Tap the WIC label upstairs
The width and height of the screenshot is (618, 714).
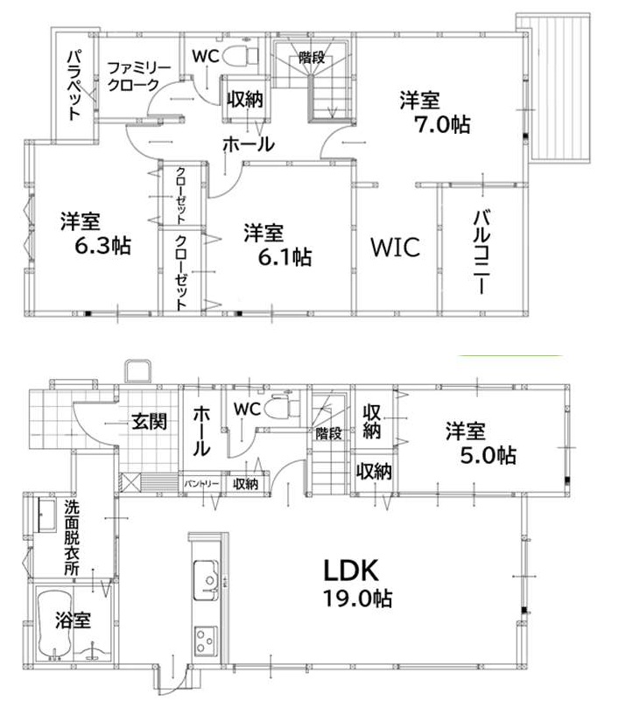pyautogui.click(x=396, y=248)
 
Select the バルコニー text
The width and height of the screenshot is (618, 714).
pyautogui.click(x=481, y=252)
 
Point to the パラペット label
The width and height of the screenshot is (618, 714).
pyautogui.click(x=74, y=85)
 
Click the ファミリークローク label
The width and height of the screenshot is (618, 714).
pyautogui.click(x=138, y=76)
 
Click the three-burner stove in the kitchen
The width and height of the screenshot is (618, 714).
pyautogui.click(x=206, y=640)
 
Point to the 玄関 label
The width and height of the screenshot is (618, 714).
pyautogui.click(x=150, y=422)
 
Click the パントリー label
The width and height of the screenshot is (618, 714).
pyautogui.click(x=201, y=484)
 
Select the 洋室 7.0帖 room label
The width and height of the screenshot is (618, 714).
pyautogui.click(x=435, y=112)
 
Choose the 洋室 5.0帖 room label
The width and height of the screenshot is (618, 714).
pyautogui.click(x=481, y=443)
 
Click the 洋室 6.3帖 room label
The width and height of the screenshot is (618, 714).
pyautogui.click(x=95, y=233)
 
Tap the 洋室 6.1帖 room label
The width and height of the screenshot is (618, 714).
pyautogui.click(x=277, y=244)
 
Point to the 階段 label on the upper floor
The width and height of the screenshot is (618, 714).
pyautogui.click(x=312, y=58)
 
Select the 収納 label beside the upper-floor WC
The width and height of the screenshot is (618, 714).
pyautogui.click(x=245, y=99)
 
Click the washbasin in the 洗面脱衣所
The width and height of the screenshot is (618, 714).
pyautogui.click(x=46, y=514)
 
